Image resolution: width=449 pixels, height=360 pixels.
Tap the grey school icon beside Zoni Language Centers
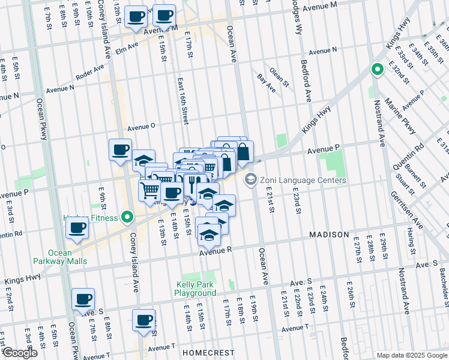250,179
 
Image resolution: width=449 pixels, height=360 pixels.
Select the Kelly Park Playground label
195,289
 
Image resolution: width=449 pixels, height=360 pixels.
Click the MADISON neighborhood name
329,234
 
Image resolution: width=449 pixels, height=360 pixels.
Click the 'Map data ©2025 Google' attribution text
411,355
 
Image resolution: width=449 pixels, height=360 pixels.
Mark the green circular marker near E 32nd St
377,70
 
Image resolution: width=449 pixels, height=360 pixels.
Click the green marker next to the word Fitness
127,217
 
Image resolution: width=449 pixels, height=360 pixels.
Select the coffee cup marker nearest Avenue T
143,321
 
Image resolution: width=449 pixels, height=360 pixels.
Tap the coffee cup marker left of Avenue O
120,150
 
